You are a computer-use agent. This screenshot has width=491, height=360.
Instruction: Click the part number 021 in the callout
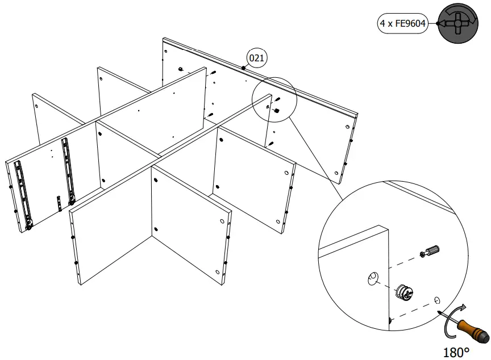click(x=256, y=57)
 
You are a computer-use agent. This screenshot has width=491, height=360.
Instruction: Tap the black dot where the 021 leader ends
click(x=243, y=68)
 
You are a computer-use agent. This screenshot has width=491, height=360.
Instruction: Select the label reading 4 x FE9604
click(x=403, y=24)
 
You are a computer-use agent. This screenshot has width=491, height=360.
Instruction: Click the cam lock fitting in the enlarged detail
click(x=403, y=292)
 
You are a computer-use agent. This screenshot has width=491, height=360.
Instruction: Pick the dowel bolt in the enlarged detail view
click(x=430, y=251)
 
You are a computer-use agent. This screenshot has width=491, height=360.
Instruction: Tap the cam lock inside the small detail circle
click(x=276, y=111)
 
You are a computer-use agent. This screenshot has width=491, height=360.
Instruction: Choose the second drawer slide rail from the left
click(x=69, y=170)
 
